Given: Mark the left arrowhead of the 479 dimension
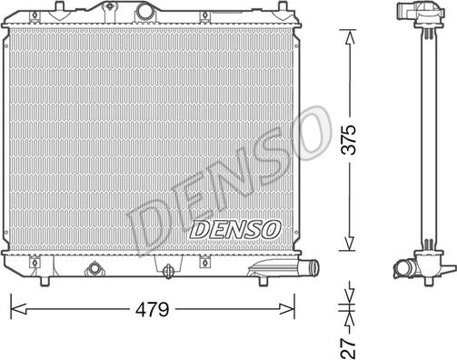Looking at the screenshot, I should pos(14,309).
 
